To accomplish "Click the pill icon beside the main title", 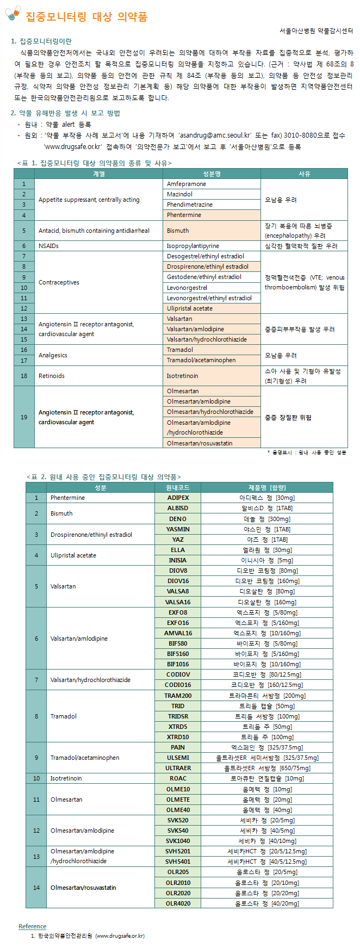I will tap(13, 14).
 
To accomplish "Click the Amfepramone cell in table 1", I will tap(212, 184).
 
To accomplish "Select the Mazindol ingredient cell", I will tap(212, 194).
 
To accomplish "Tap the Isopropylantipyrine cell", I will tap(212, 246).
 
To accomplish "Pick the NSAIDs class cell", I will tap(98, 246).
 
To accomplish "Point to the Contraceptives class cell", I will tap(98, 282).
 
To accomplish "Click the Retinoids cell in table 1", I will tap(98, 376).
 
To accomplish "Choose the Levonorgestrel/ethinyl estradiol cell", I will tap(212, 298).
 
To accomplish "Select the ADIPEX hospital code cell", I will tap(178, 498).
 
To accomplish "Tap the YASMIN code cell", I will tap(178, 529).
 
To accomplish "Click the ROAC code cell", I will tap(178, 778).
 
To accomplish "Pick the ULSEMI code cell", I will tap(178, 758).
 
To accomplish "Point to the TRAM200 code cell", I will tap(178, 696).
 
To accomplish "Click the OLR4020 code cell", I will tap(178, 903).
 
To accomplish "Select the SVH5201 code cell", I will tap(178, 851).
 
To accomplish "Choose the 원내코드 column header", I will tap(178, 487).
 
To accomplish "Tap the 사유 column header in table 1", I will tap(304, 174).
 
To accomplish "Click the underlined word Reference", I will tap(32, 926).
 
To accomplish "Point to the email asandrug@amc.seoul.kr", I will tap(215, 135).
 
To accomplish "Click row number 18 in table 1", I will tap(24, 376).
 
